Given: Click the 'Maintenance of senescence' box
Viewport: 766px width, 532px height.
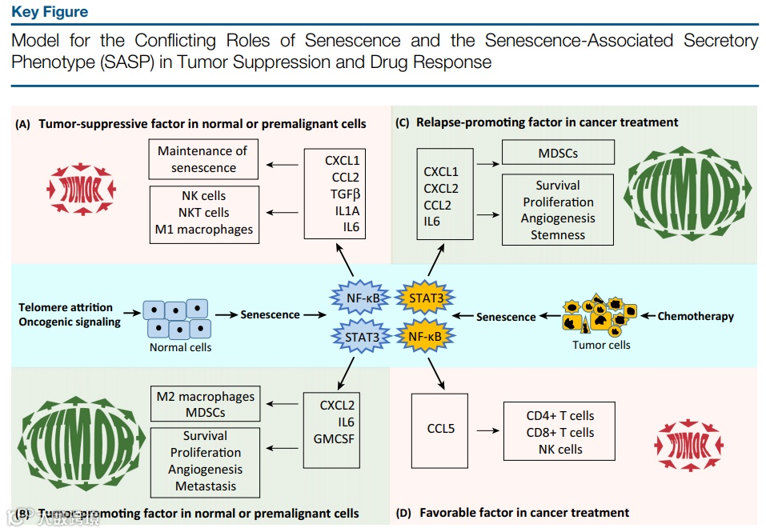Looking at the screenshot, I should [x=203, y=159].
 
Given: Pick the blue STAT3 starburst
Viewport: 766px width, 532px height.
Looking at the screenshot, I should [x=362, y=337].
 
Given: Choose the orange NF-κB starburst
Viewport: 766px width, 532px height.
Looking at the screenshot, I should [x=426, y=337].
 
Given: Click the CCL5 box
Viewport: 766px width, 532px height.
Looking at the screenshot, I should [x=440, y=430].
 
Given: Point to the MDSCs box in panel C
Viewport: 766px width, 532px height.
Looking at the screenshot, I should [x=557, y=152].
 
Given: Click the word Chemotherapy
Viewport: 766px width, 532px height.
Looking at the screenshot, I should [x=695, y=316].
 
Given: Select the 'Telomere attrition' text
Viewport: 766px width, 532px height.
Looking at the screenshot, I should [x=66, y=307].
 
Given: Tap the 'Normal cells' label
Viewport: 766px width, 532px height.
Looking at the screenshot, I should [x=180, y=347].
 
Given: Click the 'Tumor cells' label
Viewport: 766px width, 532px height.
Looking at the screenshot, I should [x=601, y=345].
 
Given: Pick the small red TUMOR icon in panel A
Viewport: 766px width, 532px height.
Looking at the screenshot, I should [x=82, y=190].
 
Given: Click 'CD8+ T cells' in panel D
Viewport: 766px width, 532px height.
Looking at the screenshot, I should [x=559, y=432].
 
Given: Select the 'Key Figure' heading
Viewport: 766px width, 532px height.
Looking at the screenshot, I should [x=50, y=12].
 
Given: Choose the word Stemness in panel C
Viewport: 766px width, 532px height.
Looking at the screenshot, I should [x=557, y=235].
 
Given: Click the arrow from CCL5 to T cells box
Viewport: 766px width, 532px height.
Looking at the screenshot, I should [x=486, y=430].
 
